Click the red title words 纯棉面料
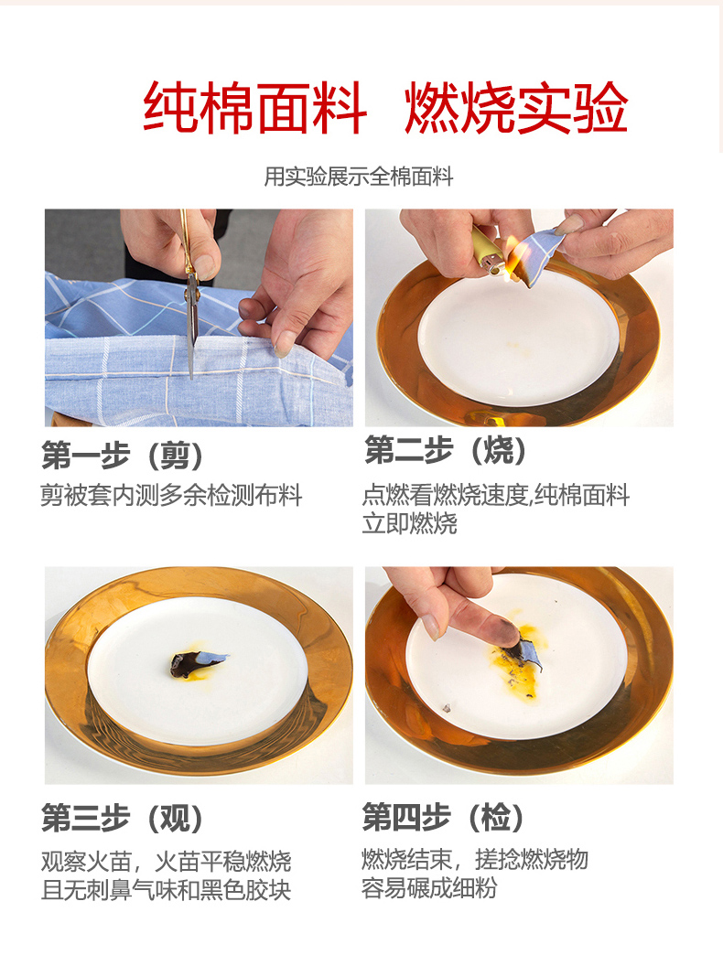point(255,109)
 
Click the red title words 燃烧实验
point(516,109)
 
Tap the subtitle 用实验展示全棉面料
point(358,177)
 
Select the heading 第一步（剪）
point(122,456)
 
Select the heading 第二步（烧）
point(445,451)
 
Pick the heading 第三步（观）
point(122,818)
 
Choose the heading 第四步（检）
point(443,817)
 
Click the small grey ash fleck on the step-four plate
point(446,708)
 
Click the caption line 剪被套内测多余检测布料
point(171,496)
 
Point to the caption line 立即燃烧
point(409,523)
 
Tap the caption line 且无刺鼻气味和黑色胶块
point(166,890)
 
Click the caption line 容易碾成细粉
point(429,888)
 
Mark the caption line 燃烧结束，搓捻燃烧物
point(474,859)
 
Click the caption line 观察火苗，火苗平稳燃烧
point(166,862)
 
